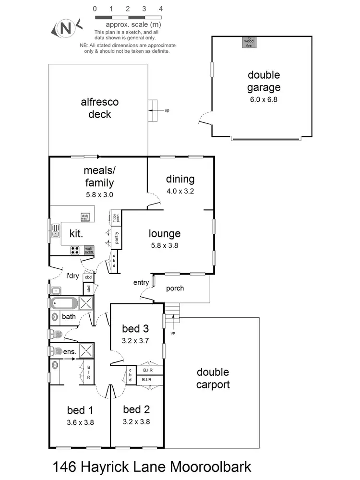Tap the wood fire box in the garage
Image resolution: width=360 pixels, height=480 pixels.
click(x=249, y=42)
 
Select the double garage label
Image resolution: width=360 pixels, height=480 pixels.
click(x=264, y=81)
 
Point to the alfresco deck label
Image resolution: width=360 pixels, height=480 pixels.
click(x=99, y=108)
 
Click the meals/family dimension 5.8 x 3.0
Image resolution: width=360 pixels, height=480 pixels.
click(x=99, y=195)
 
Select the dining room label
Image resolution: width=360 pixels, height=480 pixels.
click(x=180, y=179)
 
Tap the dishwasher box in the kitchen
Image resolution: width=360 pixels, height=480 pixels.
click(x=85, y=217)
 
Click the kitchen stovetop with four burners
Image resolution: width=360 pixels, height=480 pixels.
click(x=75, y=250)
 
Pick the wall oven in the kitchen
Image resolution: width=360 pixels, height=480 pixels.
click(x=89, y=250)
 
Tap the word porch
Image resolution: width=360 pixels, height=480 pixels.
click(x=175, y=288)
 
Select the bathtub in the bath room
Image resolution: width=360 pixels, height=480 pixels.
click(x=64, y=303)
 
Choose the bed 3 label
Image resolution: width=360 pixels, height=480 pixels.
click(x=135, y=329)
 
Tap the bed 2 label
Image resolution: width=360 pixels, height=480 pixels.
click(x=136, y=409)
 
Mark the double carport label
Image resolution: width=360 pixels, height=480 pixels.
click(x=213, y=378)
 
